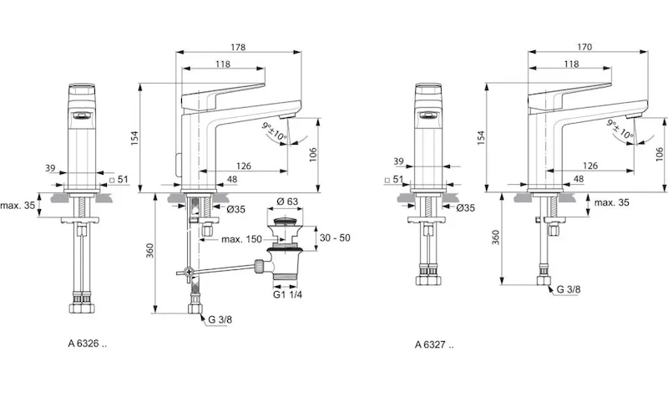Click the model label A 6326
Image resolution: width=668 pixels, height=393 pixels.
click(88, 344)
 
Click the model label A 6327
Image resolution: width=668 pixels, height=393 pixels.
click(435, 344)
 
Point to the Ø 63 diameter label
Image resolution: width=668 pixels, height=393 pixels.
click(287, 202)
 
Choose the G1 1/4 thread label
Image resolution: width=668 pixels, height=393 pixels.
click(286, 294)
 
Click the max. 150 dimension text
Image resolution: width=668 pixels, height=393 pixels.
click(243, 240)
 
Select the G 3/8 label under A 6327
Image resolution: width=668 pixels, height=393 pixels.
click(569, 291)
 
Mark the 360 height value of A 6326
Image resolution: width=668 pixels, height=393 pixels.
click(150, 251)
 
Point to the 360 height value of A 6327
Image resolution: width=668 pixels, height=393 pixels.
click(497, 239)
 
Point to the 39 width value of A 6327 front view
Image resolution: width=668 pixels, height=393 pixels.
click(397, 161)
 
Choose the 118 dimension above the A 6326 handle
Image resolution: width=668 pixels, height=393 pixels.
click(223, 64)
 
